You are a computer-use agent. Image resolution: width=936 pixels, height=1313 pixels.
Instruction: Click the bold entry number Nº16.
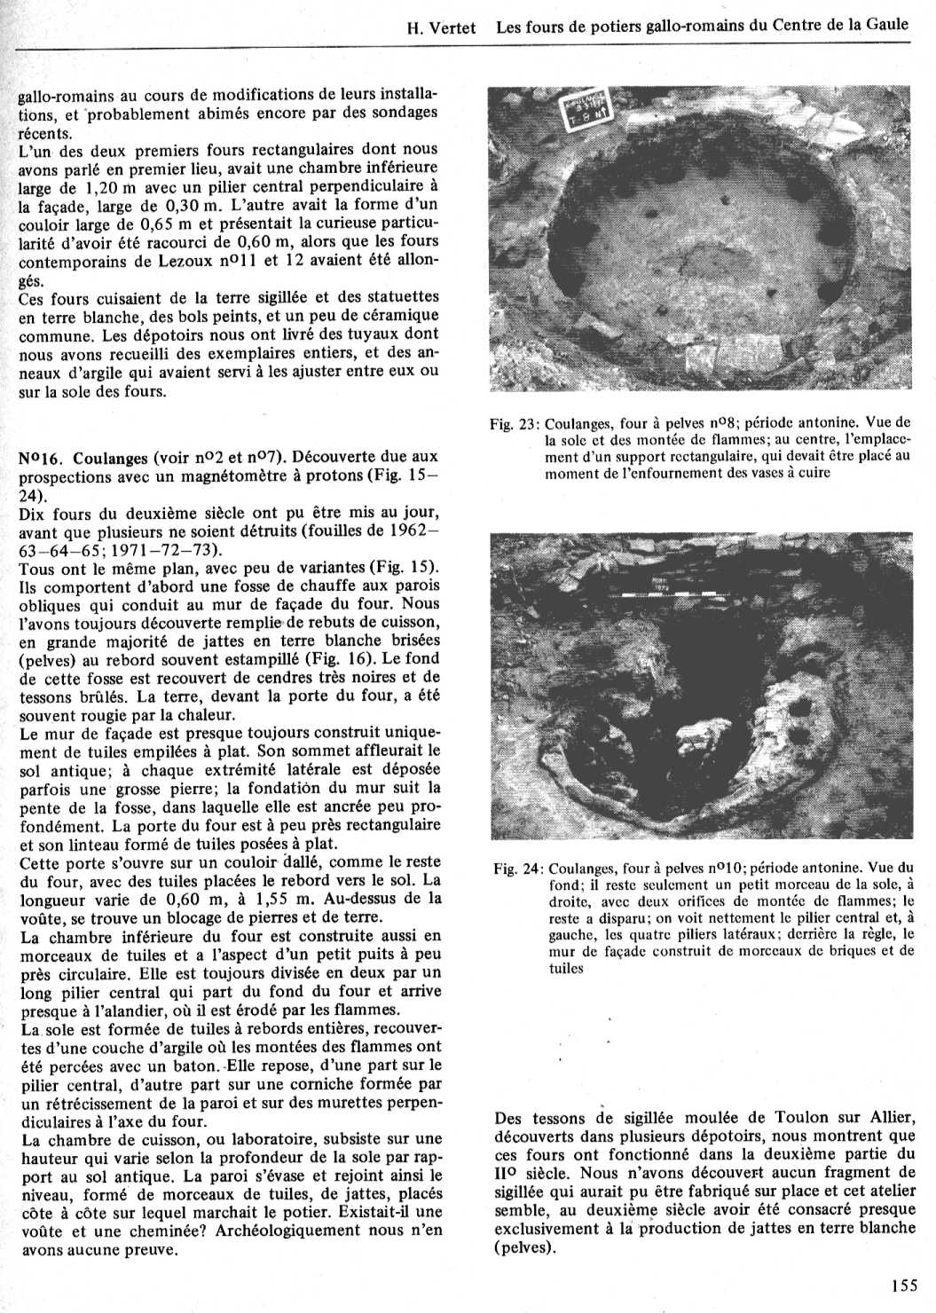click(41, 458)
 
